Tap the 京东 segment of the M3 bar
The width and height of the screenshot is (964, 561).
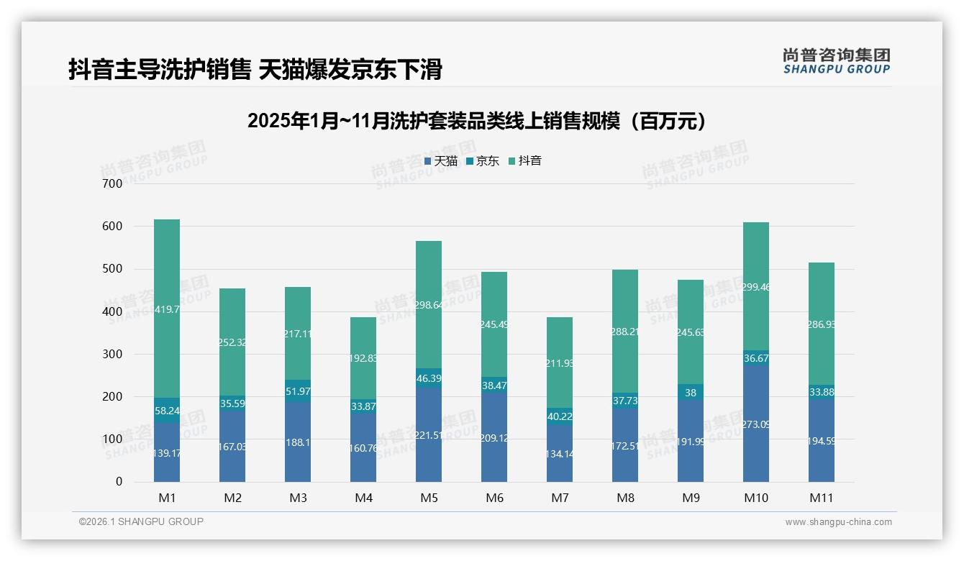coord(298,391)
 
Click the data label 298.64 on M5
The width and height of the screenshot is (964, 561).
coord(429,306)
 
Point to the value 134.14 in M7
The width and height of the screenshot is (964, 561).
coord(560,454)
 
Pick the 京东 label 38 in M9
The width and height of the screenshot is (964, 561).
coord(691,393)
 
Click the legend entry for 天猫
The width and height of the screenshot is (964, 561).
coord(441,161)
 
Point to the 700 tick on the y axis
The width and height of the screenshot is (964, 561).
coord(113,184)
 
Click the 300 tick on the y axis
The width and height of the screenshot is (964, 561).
coord(113,354)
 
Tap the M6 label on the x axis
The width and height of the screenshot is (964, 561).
coord(494,498)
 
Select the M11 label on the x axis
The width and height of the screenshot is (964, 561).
coord(822,498)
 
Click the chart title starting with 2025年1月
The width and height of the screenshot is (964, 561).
coord(476,121)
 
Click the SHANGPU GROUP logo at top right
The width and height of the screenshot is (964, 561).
coord(836,61)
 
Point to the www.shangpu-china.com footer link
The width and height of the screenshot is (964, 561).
coord(838,522)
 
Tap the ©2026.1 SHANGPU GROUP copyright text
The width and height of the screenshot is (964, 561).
coord(141,521)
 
